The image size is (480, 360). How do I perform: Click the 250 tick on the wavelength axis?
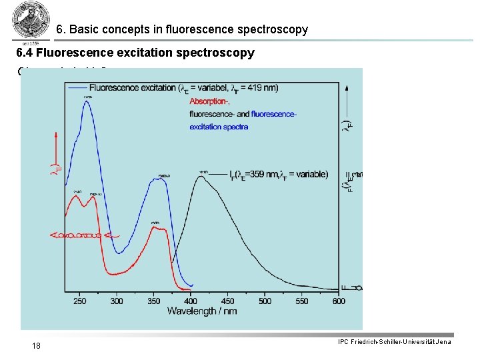[x=79, y=301]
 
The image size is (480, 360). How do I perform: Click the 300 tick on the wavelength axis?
[x=117, y=301]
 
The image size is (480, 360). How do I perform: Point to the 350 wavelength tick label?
[x=154, y=301]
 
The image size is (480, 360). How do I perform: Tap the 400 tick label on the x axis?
[x=191, y=301]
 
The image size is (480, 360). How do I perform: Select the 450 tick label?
[x=228, y=301]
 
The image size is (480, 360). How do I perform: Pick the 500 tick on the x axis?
[x=265, y=301]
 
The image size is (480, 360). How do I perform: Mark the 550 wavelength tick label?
[x=302, y=301]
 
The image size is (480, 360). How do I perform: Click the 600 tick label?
[x=339, y=301]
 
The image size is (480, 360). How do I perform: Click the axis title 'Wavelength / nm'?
[x=202, y=311]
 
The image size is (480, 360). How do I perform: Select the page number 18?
[x=37, y=345]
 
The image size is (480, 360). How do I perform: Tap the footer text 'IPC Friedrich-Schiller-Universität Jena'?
[x=395, y=342]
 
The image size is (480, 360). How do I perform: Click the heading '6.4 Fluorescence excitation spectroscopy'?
[x=135, y=53]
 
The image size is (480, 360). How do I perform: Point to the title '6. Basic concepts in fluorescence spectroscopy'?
[x=182, y=29]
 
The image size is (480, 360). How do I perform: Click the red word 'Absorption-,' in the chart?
[x=209, y=101]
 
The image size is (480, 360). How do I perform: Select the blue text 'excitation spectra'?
[x=219, y=127]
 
